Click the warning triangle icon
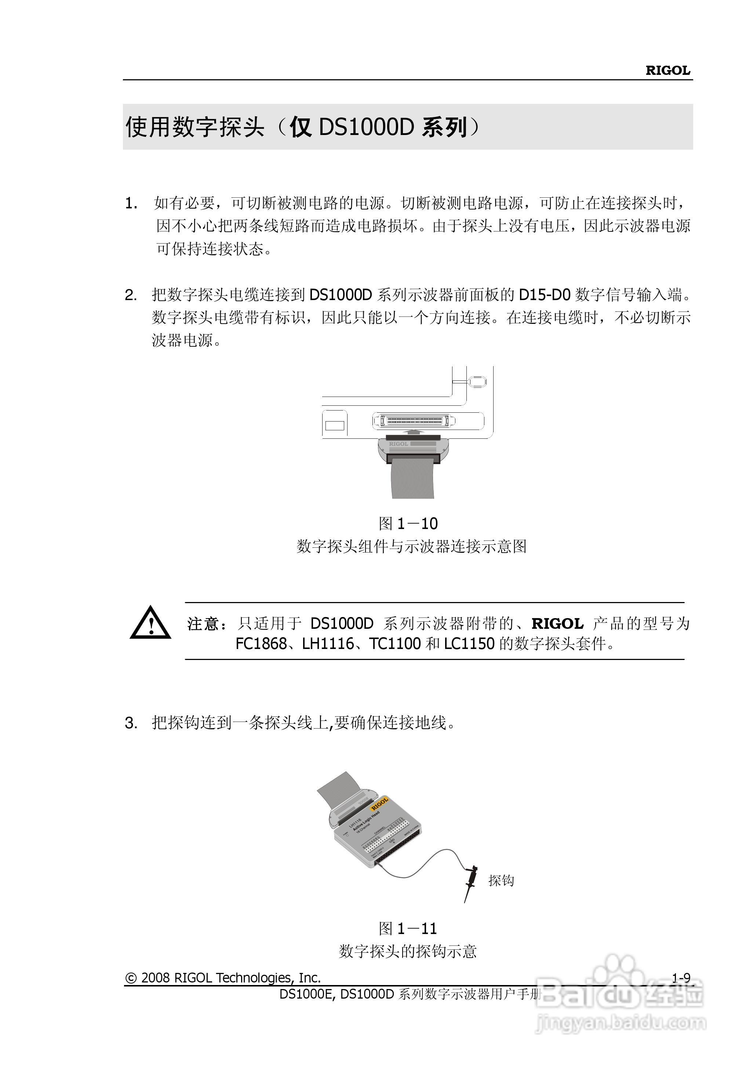tap(150, 623)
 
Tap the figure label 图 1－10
tap(408, 524)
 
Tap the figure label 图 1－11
tap(408, 928)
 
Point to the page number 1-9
tap(681, 978)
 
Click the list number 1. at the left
tap(131, 204)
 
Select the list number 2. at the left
tap(131, 295)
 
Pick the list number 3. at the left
tap(131, 723)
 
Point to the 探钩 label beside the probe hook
tap(501, 880)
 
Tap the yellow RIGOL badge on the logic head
tap(379, 803)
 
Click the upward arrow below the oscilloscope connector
tap(412, 431)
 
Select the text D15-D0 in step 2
tap(544, 295)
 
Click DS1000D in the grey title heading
tap(366, 127)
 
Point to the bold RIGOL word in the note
tap(557, 624)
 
